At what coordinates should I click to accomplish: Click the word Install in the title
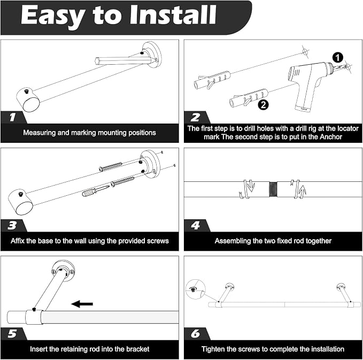[x=173, y=15]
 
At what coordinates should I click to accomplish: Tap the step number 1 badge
[x=13, y=117]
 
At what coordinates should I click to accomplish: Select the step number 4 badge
[x=196, y=225]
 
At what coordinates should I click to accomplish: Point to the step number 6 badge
[x=196, y=334]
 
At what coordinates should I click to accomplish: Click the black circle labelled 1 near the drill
[x=337, y=57]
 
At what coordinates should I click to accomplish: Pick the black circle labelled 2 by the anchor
[x=263, y=105]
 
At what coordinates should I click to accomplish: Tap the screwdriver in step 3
[x=96, y=190]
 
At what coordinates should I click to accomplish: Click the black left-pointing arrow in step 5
[x=82, y=304]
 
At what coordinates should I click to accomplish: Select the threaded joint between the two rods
[x=273, y=189]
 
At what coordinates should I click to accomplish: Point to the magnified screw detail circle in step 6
[x=196, y=289]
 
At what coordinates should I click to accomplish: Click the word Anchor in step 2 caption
[x=331, y=137]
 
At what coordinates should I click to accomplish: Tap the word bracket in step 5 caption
[x=138, y=349]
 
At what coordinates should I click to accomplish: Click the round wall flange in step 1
[x=152, y=55]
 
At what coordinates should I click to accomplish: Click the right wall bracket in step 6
[x=344, y=293]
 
